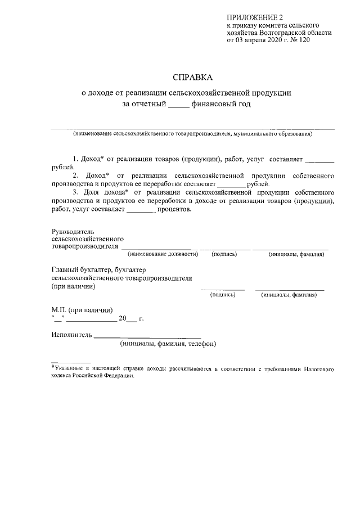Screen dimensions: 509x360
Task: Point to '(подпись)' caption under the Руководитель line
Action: [x=224, y=254]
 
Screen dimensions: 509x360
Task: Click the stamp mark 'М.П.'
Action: [x=58, y=310]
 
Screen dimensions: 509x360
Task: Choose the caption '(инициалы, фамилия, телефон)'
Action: [x=168, y=344]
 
